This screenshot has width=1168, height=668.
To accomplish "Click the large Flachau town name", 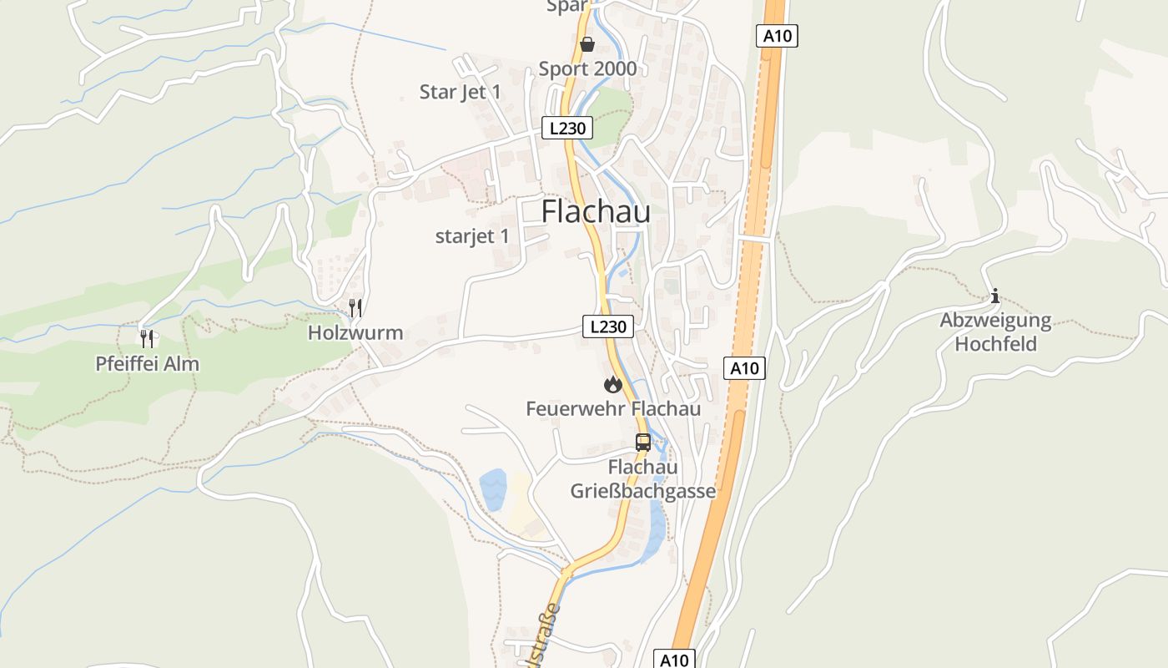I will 596,212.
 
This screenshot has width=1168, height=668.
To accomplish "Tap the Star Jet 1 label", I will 461,92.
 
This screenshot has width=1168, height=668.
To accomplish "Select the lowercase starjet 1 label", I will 472,236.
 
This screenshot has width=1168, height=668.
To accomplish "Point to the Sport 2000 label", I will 587,68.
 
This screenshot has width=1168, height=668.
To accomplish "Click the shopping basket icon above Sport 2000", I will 587,43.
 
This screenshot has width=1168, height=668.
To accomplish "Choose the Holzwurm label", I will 355,333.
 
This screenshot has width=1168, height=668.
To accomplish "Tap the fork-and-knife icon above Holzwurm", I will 356,307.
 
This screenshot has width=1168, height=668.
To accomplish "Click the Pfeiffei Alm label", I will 147,364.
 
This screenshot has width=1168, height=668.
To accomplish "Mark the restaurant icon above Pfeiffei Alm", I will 148,338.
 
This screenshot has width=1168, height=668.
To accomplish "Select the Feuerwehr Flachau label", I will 613,409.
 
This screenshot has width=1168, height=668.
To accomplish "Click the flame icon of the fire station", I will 612,384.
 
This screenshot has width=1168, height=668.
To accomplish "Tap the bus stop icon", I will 643,443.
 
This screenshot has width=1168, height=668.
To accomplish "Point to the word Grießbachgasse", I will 643,491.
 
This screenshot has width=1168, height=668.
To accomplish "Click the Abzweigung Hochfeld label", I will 995,331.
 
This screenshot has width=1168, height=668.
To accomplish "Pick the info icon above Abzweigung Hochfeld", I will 994,296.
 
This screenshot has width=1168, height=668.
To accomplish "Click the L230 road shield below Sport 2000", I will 567,129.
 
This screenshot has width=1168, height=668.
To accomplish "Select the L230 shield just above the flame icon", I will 607,326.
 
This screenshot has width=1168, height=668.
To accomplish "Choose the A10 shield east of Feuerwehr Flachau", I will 744,368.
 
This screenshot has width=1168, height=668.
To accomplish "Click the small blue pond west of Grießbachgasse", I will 492,489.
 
